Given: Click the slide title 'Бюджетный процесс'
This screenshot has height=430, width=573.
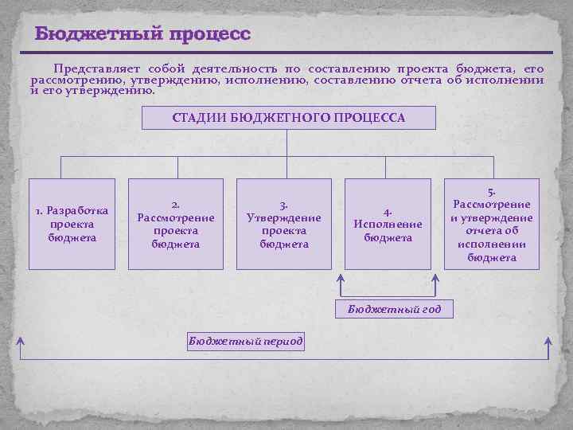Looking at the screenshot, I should click(x=142, y=34).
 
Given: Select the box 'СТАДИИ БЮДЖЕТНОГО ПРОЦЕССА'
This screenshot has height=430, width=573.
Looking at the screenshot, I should click(x=288, y=118).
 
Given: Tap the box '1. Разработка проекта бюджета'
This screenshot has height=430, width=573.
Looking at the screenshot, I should click(x=72, y=224).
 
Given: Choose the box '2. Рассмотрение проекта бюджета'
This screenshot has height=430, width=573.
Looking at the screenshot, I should click(x=176, y=224).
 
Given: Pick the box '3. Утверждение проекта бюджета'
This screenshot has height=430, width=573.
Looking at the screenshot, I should click(x=284, y=224).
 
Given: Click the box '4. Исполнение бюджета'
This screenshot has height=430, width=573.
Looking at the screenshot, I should click(x=388, y=224).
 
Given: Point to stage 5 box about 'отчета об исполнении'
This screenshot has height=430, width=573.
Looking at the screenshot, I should click(x=491, y=224).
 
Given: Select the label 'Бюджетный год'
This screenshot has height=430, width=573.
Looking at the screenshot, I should click(x=394, y=309).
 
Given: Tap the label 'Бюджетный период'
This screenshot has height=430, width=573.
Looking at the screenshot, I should click(x=245, y=341).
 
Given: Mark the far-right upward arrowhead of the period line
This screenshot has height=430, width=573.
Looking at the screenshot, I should click(x=548, y=340).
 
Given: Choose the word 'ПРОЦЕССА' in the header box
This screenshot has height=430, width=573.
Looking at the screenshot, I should click(x=371, y=118).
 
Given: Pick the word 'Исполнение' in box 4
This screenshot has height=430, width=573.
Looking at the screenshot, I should click(x=388, y=225).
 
